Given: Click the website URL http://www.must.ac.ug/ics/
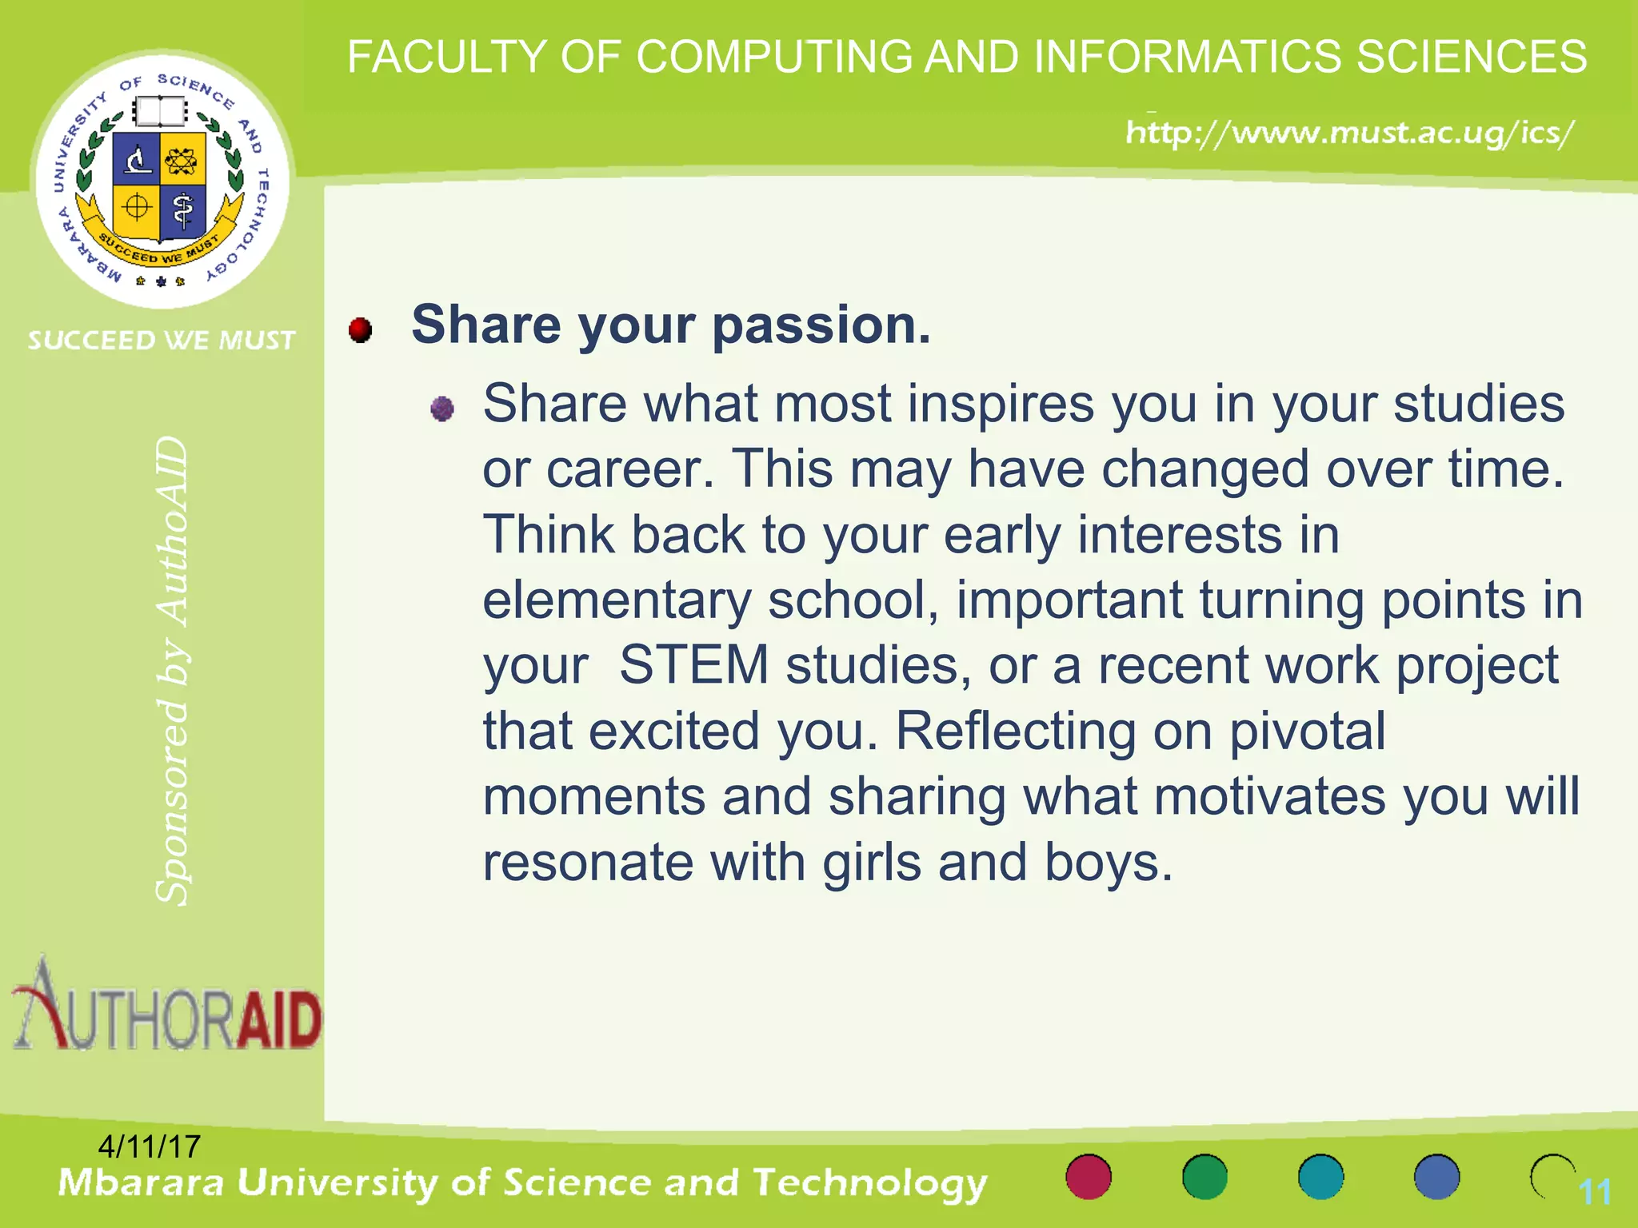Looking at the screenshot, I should click(1350, 133).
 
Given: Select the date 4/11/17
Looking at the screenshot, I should click(149, 1146).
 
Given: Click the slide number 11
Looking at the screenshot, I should click(1594, 1193).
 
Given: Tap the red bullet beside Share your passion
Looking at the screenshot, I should click(361, 329).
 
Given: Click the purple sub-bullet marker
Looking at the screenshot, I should click(442, 409).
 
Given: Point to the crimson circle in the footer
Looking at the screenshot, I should click(1089, 1177).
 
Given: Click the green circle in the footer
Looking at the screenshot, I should click(1205, 1177).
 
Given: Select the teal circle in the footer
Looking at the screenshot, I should click(1320, 1177).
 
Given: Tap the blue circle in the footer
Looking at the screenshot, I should click(1436, 1177).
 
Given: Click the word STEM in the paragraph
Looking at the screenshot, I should click(693, 665).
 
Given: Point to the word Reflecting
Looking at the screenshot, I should click(1015, 731).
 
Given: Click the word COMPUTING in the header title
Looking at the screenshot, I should click(774, 58).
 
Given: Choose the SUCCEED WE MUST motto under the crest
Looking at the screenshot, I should click(162, 341).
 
